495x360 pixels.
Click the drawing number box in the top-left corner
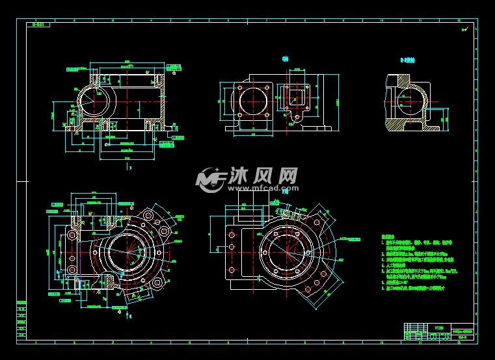click(38, 25)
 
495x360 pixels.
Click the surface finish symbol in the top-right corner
click(464, 29)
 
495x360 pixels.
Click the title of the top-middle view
click(284, 59)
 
